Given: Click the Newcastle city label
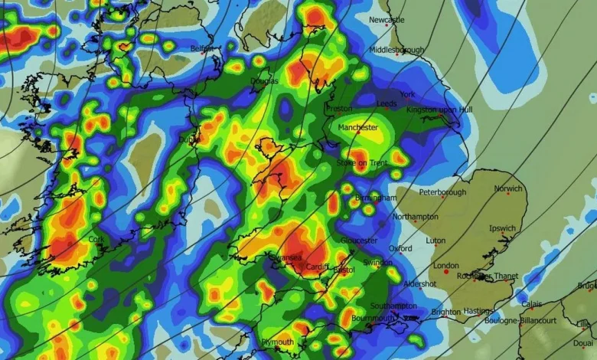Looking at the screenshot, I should coord(386,20).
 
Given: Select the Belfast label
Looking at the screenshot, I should coord(202,48).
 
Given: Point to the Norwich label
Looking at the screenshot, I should coord(507,188).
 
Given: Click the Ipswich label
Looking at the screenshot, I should coord(503,228).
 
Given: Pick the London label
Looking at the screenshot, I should coord(445,266).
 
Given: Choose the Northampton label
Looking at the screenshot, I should coord(416,217).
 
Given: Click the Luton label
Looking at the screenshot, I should coord(435,241).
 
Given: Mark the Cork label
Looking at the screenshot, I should coord(96,239).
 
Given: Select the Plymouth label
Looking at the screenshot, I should coord(277,342).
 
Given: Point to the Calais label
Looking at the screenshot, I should coord(532,303).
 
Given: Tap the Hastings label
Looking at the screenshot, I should coord(480,311).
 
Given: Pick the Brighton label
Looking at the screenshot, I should coord(446,312).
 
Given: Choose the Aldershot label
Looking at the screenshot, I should coord(420,283).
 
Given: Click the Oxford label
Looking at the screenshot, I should coord(400,248).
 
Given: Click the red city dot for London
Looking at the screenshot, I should coord(446,272).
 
